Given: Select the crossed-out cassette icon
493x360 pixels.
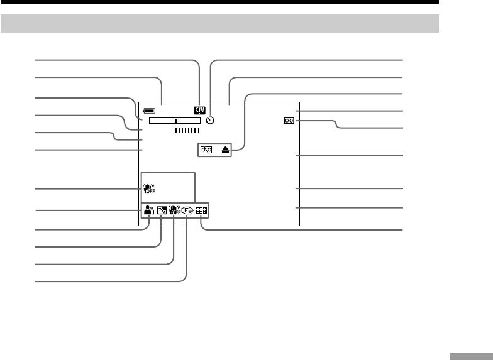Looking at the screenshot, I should (206, 150).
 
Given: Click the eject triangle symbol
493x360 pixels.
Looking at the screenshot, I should (225, 150).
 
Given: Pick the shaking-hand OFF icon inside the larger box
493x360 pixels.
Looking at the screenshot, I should (148, 188).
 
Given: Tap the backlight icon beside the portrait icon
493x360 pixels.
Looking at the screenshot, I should (162, 212).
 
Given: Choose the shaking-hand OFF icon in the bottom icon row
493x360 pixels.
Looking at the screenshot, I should (174, 211).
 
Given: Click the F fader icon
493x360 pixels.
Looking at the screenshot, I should (187, 212).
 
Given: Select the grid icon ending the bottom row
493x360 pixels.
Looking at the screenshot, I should (201, 212).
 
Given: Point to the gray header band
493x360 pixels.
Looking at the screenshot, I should (219, 24).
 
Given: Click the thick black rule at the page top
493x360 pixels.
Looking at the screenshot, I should (219, 3).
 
